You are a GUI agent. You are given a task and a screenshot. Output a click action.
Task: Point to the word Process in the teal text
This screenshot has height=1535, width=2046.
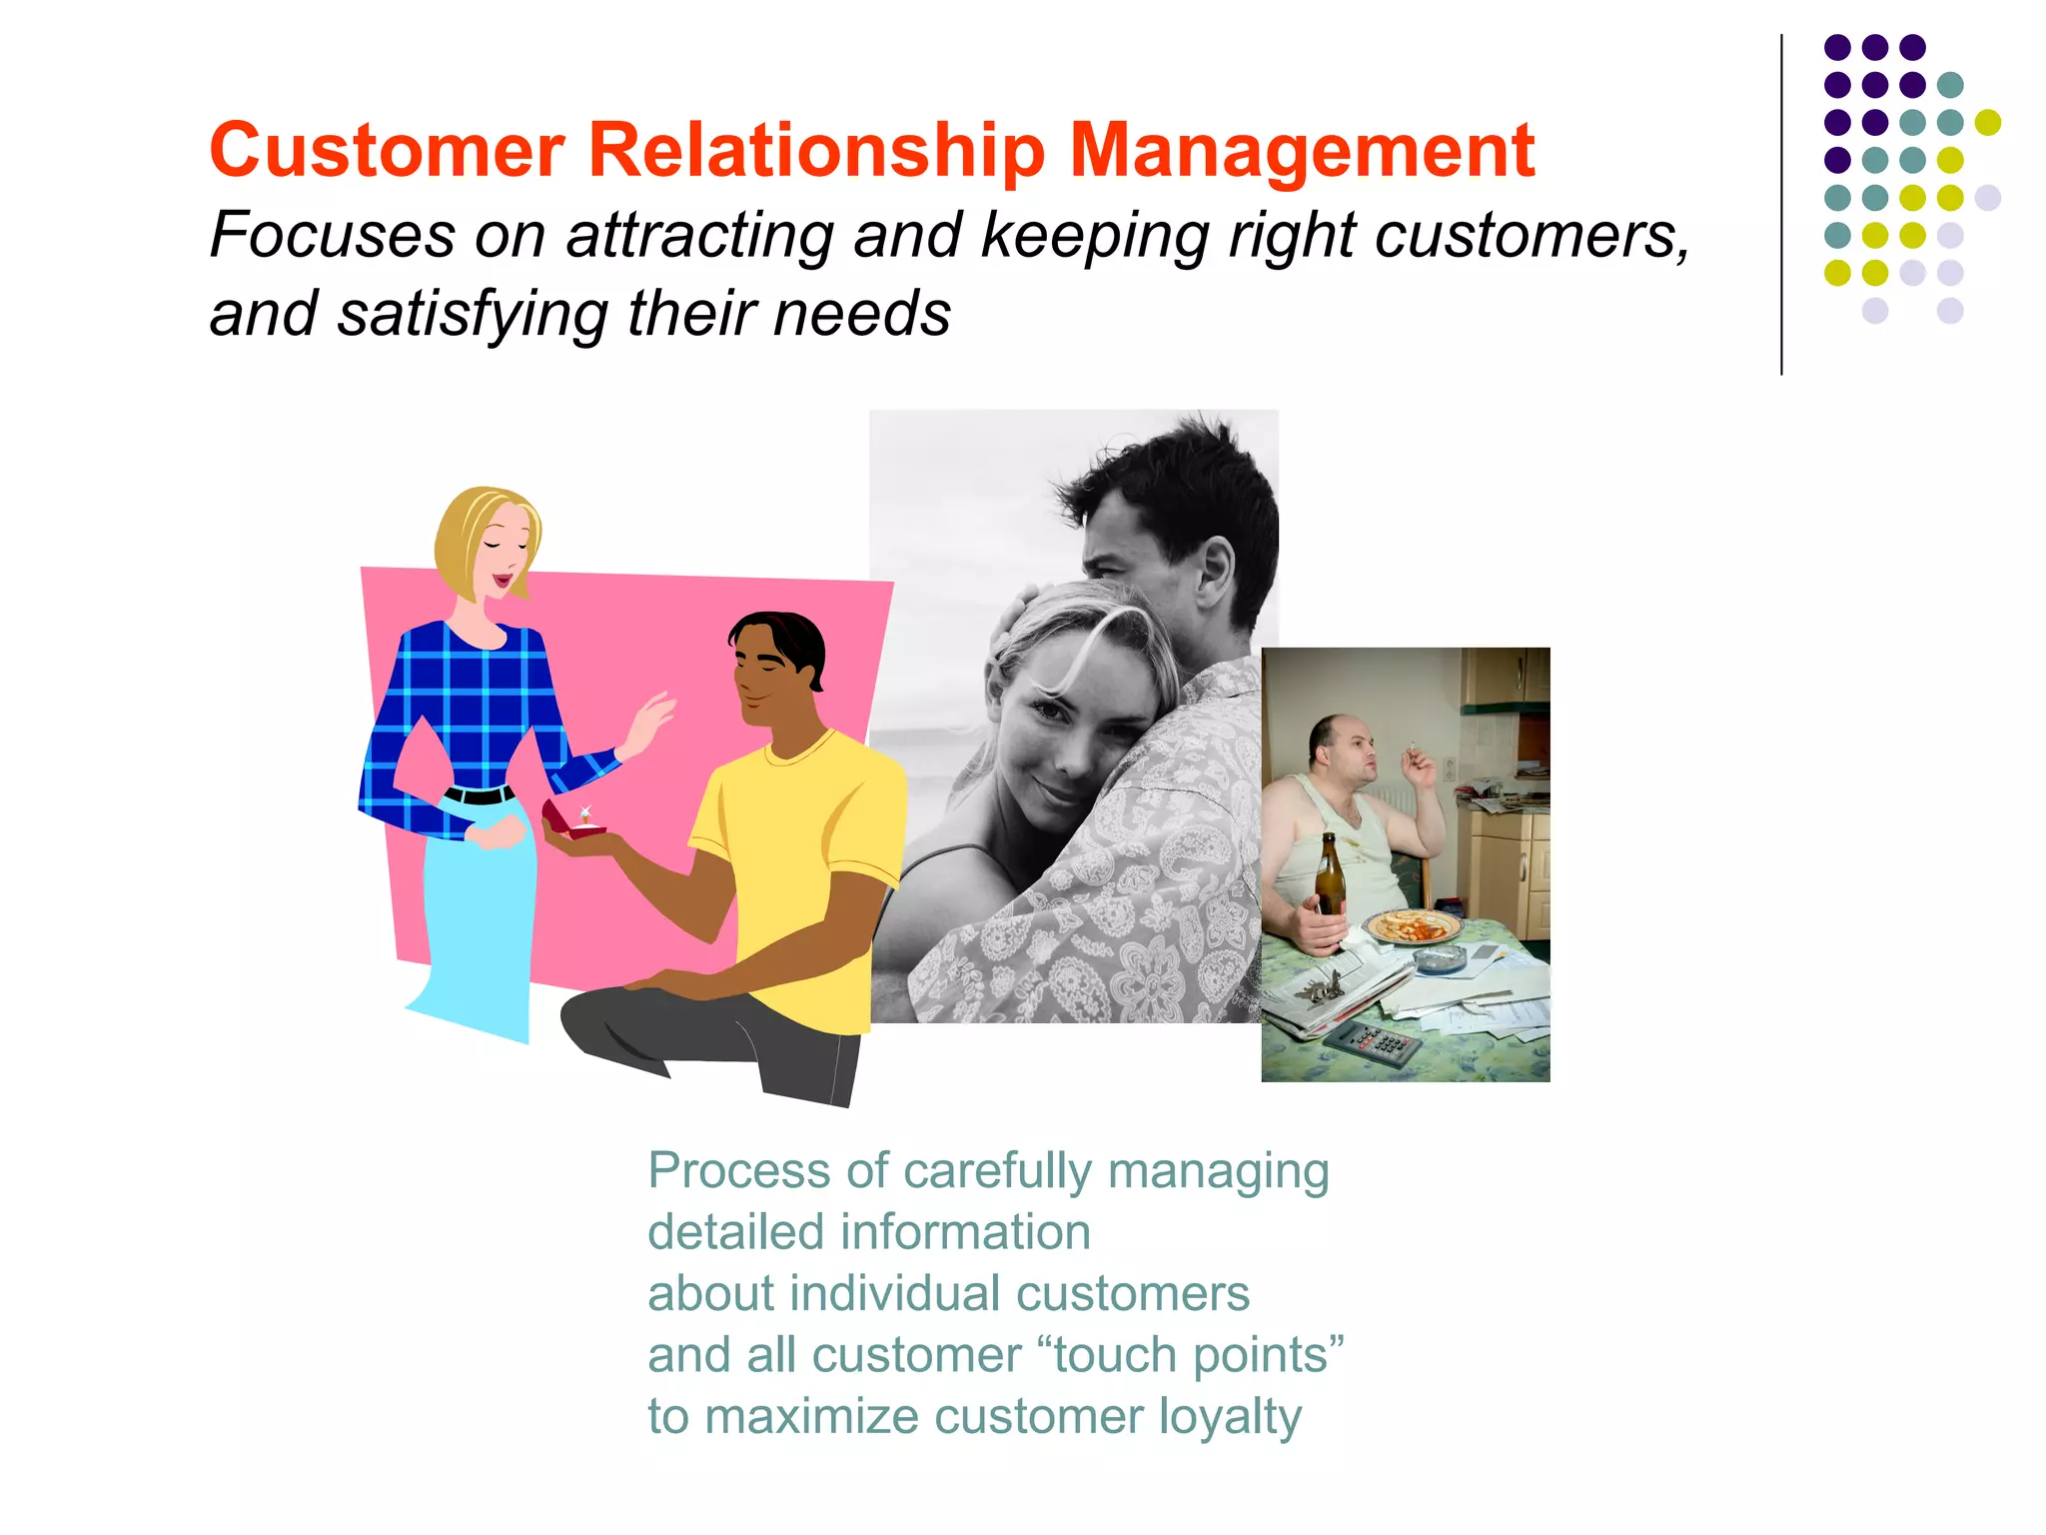pos(738,1170)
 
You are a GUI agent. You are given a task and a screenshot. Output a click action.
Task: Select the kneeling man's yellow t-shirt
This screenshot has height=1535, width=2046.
pos(799,849)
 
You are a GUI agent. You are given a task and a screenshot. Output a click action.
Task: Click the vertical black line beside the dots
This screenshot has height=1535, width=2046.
pos(1781,205)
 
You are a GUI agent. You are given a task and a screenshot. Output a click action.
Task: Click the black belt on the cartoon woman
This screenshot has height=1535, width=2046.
pos(479,795)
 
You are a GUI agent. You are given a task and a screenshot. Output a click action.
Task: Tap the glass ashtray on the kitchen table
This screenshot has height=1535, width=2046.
pos(1440,960)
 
